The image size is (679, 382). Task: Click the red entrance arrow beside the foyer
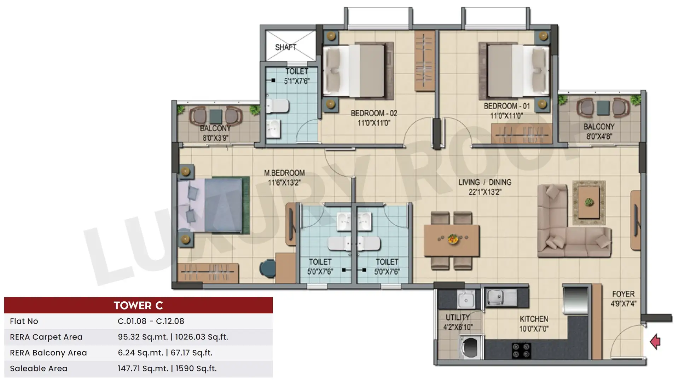[x=655, y=342]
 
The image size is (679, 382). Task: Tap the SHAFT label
[x=286, y=47]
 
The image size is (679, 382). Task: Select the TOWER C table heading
[x=138, y=305]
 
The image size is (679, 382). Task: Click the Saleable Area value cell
[x=167, y=369]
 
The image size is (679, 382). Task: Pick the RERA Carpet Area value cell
[x=173, y=337]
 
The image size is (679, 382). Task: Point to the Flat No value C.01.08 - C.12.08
[x=151, y=321]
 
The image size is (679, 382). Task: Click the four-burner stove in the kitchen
[x=521, y=350]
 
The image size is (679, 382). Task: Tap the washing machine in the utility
[x=470, y=347]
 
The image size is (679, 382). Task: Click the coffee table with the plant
[x=589, y=203]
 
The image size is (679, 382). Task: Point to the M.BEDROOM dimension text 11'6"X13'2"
[x=284, y=183]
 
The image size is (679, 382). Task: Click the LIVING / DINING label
[x=485, y=182]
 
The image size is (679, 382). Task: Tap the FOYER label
[x=623, y=294]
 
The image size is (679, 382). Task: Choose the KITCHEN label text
[x=534, y=319]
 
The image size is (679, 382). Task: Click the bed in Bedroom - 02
[x=358, y=70]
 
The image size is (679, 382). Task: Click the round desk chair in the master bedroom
[x=267, y=269]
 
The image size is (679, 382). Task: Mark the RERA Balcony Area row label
[x=48, y=353]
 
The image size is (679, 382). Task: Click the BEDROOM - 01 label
[x=507, y=106]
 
